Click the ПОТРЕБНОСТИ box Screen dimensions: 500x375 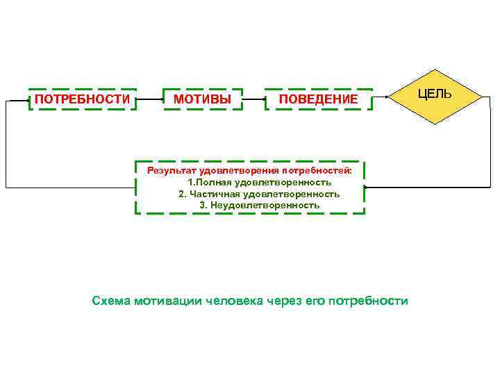(82, 99)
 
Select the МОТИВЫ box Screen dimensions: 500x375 (203, 99)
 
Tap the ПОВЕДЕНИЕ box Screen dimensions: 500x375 (318, 100)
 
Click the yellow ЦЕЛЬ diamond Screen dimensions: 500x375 (434, 96)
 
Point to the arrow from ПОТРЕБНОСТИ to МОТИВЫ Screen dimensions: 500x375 (149, 99)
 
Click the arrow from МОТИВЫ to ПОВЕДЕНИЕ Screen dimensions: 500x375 (253, 99)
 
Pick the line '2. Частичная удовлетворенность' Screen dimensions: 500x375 (259, 194)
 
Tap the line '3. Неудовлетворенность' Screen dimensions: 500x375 (260, 206)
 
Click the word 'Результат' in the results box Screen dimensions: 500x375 (171, 170)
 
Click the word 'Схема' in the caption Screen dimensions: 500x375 (110, 301)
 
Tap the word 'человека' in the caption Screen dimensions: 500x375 (234, 301)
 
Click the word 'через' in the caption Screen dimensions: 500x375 (285, 301)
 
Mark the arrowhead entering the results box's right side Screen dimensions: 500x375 (367, 187)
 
